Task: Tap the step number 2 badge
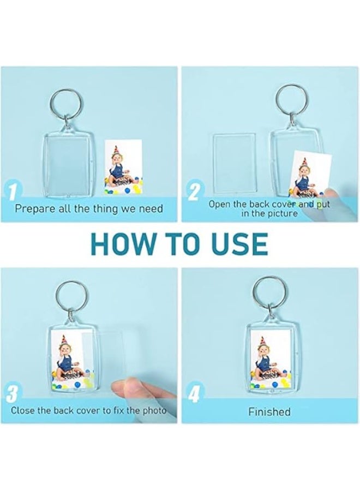pos(194,191)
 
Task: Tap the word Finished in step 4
pos(269,411)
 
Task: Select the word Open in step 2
pos(219,205)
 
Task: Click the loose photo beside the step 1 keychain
pos(124,167)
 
